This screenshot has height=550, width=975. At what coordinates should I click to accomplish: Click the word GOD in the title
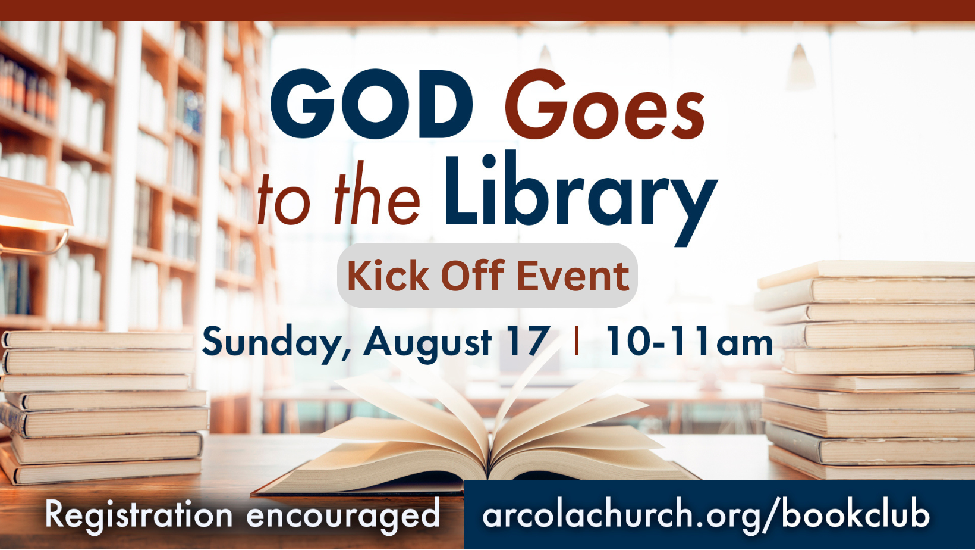tap(372, 104)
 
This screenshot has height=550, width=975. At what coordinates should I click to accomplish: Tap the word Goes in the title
tap(604, 104)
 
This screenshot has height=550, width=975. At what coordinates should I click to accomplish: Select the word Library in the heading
tap(581, 198)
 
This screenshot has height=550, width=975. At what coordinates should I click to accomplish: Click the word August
tap(427, 343)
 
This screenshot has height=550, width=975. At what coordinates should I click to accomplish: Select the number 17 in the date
tap(527, 341)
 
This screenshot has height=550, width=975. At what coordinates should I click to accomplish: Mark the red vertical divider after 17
tap(577, 341)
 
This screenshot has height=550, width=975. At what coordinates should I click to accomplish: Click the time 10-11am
tap(690, 341)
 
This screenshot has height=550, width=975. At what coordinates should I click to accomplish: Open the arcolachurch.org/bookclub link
tap(706, 515)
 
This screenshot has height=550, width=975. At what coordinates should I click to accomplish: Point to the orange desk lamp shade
tap(35, 205)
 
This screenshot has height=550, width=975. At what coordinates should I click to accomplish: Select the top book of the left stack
tap(98, 340)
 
